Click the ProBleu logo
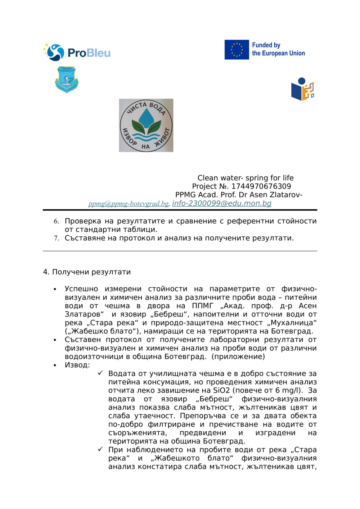77,53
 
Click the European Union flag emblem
237,50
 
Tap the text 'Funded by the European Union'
278,49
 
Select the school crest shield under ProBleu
67,79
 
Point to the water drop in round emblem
146,118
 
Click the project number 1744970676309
261,186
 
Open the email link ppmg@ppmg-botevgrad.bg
129,204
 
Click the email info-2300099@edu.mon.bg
221,203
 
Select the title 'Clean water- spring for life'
245,178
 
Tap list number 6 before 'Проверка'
56,221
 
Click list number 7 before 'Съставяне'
56,238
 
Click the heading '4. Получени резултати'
87,272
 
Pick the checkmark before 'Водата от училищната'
100,373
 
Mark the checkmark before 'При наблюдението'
100,450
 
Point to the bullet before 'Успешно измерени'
55,289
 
